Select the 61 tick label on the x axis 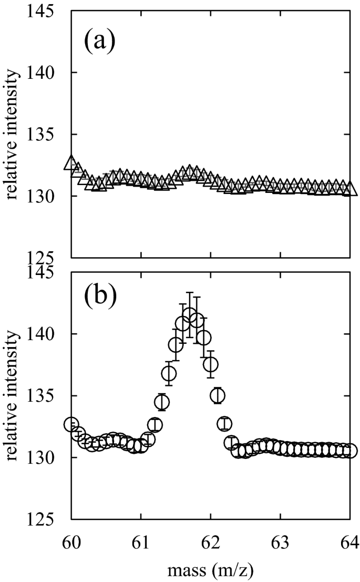pyautogui.click(x=141, y=542)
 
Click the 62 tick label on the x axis pyautogui.click(x=211, y=542)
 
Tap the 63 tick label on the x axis pyautogui.click(x=281, y=542)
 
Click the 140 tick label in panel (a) pyautogui.click(x=47, y=73)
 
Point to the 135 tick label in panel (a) pyautogui.click(x=47, y=135)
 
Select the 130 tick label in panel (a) pyautogui.click(x=47, y=197)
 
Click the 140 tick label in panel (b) pyautogui.click(x=47, y=334)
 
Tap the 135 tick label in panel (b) pyautogui.click(x=47, y=396)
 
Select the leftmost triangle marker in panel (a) pyautogui.click(x=71, y=164)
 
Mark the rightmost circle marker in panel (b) pyautogui.click(x=351, y=451)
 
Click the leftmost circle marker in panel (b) pyautogui.click(x=71, y=424)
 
